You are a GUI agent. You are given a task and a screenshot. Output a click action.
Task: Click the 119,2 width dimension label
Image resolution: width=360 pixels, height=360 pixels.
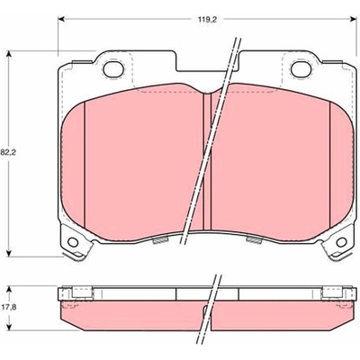tap(207, 20)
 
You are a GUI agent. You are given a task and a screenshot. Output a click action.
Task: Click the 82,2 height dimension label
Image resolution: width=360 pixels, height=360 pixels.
tap(8, 152)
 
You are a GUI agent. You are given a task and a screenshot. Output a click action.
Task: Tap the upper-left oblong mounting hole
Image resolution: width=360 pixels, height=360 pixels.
tap(113, 69)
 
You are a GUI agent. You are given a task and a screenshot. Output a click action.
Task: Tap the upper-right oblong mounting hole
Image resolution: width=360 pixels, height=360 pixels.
tap(301, 69)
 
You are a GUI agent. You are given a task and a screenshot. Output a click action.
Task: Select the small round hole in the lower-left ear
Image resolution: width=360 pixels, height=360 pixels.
tap(73, 242)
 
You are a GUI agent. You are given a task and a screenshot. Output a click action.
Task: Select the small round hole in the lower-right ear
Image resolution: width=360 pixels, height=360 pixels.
tap(342, 242)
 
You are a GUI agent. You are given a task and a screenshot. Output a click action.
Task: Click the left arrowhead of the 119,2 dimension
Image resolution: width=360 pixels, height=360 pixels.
tap(61, 19)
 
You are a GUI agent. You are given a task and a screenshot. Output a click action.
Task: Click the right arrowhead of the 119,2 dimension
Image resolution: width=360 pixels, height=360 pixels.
tap(353, 19)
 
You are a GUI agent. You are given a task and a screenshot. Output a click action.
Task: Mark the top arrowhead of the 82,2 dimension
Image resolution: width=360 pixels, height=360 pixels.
tap(9, 54)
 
